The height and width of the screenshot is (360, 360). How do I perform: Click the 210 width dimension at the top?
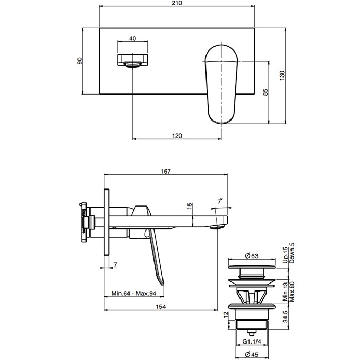[x=177, y=3]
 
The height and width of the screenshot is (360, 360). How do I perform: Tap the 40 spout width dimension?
[x=132, y=38]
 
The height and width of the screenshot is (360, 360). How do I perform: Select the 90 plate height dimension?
[x=80, y=61]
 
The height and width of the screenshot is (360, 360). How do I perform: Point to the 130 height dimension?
[x=282, y=75]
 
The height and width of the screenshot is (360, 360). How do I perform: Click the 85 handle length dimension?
[x=265, y=92]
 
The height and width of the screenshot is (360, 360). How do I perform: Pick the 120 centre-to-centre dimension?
[x=177, y=136]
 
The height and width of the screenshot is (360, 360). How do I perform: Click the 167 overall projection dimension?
[x=166, y=172]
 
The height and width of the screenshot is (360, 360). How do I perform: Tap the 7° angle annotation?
[x=220, y=201]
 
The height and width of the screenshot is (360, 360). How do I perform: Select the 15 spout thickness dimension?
[x=190, y=206]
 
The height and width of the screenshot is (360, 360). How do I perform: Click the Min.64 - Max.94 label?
[x=134, y=293]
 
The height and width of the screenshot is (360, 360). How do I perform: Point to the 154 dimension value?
[x=161, y=306]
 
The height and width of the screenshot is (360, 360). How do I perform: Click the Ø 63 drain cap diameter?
[x=251, y=256]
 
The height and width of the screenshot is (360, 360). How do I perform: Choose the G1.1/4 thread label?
[x=252, y=341]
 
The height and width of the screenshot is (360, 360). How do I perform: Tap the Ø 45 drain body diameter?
[x=251, y=355]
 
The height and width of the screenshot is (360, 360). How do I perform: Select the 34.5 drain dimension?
[x=285, y=316]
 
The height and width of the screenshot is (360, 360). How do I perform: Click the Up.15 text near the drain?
[x=285, y=255]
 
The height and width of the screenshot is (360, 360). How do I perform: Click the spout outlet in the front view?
[x=132, y=65]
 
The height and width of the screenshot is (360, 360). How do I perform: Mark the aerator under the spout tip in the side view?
[x=217, y=227]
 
